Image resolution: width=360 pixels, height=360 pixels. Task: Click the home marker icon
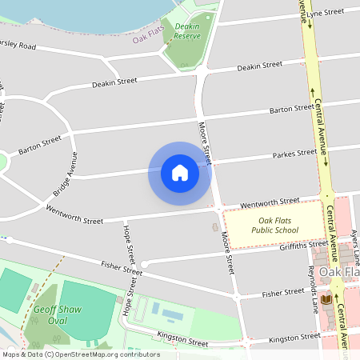[x=179, y=173]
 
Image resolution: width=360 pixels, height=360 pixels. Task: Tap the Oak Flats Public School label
[x=274, y=226]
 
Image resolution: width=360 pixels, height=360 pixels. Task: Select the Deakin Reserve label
[x=187, y=31]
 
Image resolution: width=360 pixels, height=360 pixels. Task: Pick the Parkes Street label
[x=294, y=154]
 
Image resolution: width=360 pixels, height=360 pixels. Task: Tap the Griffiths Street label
[x=295, y=246]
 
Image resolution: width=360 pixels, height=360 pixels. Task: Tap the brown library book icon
[x=326, y=299]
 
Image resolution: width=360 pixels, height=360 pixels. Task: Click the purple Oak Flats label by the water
[x=148, y=37]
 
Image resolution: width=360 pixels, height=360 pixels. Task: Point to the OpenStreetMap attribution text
[x=80, y=354]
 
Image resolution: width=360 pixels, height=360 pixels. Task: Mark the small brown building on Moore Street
[x=214, y=228]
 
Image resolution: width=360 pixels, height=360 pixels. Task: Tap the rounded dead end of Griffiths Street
[x=144, y=263]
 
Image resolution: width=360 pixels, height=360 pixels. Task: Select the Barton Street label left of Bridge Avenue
[x=40, y=144]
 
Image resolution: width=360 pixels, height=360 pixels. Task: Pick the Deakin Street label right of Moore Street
[x=260, y=66]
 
